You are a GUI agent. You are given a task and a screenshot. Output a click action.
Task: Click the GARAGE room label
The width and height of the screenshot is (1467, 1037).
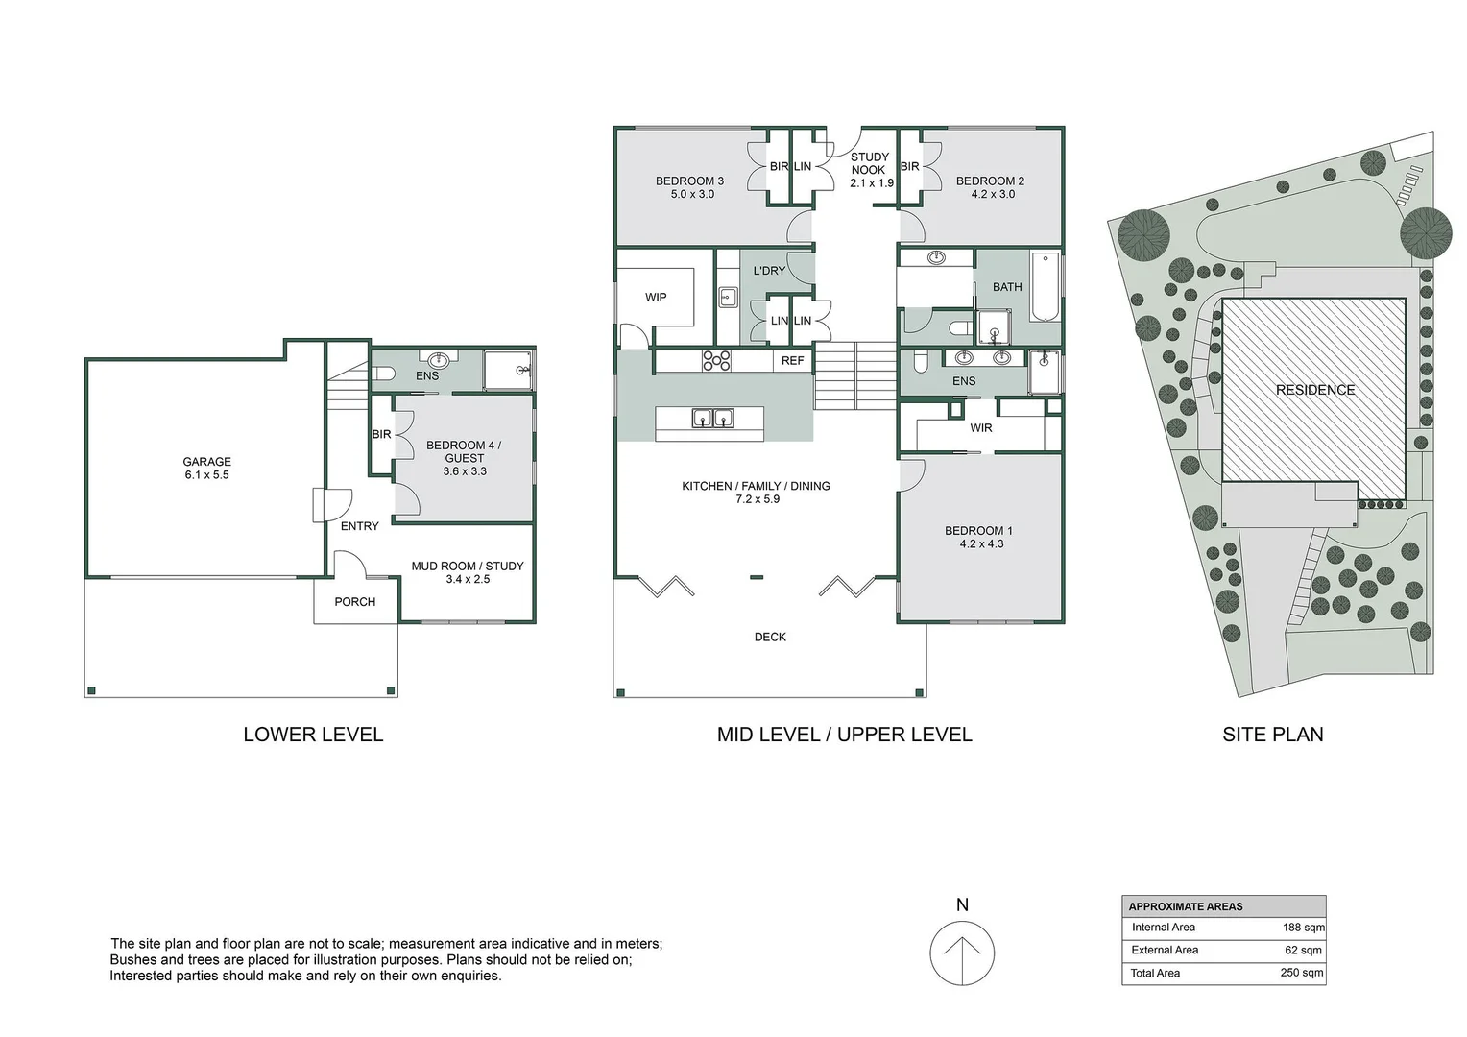207,462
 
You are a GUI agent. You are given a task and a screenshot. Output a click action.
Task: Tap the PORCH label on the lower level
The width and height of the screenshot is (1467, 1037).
355,602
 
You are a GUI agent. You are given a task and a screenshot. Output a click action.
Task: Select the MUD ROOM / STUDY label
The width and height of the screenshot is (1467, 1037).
468,566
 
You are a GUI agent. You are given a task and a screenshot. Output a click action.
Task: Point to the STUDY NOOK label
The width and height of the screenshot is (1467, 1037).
870,164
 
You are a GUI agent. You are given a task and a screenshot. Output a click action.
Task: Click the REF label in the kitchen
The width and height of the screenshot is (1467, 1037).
792,361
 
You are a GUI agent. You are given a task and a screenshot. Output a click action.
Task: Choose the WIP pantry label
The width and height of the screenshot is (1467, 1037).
656,298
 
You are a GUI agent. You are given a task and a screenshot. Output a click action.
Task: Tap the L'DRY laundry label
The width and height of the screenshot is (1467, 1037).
769,271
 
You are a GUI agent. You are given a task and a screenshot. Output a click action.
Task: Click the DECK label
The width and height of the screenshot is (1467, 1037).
770,637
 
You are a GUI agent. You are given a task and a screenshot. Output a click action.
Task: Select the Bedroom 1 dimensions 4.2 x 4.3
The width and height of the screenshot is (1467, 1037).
982,543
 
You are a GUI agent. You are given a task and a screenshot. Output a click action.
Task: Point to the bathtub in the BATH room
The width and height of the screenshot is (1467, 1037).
1046,287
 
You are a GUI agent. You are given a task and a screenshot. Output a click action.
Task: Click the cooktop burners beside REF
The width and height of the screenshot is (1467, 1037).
716,361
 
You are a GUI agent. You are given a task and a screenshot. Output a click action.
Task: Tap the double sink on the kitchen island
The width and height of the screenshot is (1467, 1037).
712,418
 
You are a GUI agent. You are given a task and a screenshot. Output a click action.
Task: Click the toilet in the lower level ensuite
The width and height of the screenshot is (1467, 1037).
383,374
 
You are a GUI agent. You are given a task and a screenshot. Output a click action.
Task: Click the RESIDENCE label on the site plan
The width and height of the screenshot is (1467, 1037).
1315,391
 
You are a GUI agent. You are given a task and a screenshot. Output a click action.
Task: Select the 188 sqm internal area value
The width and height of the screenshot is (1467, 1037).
1303,928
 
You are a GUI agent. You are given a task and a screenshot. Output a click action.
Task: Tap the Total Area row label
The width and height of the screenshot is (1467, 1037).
1155,974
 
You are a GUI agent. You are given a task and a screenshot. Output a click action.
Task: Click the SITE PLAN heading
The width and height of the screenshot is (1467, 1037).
1272,735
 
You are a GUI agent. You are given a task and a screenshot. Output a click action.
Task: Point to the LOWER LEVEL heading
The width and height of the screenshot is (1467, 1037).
313,735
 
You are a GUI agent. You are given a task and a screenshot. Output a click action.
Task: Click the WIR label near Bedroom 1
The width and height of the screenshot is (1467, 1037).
981,428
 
